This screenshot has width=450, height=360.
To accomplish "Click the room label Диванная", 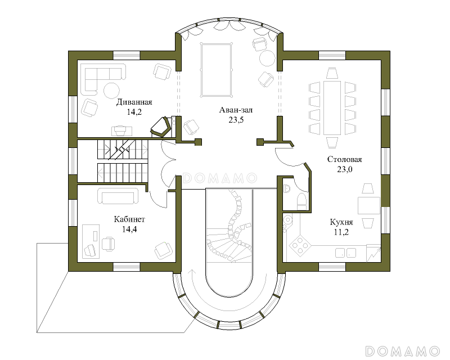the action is coord(134,102).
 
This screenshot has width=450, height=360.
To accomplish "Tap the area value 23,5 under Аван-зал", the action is coord(236,120).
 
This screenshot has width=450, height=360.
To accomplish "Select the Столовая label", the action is coord(344,159).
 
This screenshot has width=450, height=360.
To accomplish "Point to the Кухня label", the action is coord(341,222).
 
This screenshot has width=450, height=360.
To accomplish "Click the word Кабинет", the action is coord(129,219).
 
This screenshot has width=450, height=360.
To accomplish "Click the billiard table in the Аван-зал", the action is coord(217,71).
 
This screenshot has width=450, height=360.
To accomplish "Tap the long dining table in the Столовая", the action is coord(332,108).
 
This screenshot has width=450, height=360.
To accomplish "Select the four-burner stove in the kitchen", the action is coord(300,246).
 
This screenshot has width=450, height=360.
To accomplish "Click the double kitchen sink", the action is coord(346,253).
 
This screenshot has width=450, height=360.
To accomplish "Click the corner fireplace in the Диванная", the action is coord(161,127).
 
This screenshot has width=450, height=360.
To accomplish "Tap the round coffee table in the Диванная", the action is coord(111,91).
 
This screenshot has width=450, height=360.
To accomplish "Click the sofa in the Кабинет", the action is coord(118,196).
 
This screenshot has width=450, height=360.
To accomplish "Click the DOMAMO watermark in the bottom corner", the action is coord(402,351).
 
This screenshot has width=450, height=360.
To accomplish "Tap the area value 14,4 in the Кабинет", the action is coord(129,229).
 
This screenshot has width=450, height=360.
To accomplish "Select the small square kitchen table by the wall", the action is coord(369,205).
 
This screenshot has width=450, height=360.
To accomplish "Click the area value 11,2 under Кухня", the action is coord(341,232).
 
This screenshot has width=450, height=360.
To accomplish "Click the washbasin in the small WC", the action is coord(286,188).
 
